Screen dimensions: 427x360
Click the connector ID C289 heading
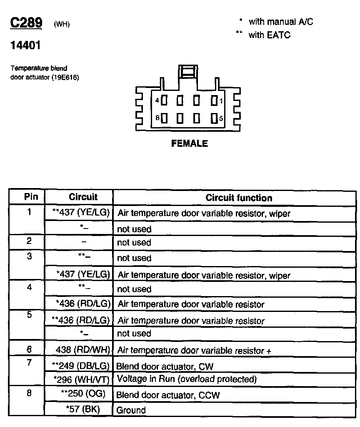click(x=26, y=23)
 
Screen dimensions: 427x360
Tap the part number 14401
click(x=25, y=45)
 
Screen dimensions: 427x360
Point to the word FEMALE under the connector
click(x=190, y=144)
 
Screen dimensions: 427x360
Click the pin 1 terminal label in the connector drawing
click(x=221, y=100)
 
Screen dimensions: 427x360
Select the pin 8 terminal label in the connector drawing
click(x=157, y=118)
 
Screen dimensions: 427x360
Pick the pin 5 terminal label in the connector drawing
click(x=221, y=118)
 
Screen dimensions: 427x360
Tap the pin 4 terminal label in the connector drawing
click(x=157, y=100)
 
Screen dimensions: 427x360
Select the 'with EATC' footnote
click(x=269, y=35)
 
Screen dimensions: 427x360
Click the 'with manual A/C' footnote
click(x=280, y=22)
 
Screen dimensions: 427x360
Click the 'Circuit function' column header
click(x=239, y=198)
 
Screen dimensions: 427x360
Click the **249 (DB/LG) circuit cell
click(x=80, y=366)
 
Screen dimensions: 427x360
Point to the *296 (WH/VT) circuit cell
click(x=82, y=379)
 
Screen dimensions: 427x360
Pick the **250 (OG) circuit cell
click(x=83, y=394)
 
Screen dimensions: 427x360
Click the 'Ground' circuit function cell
click(x=131, y=410)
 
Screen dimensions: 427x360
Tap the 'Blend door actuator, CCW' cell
click(x=167, y=395)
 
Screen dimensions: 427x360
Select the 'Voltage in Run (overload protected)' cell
click(x=186, y=379)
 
